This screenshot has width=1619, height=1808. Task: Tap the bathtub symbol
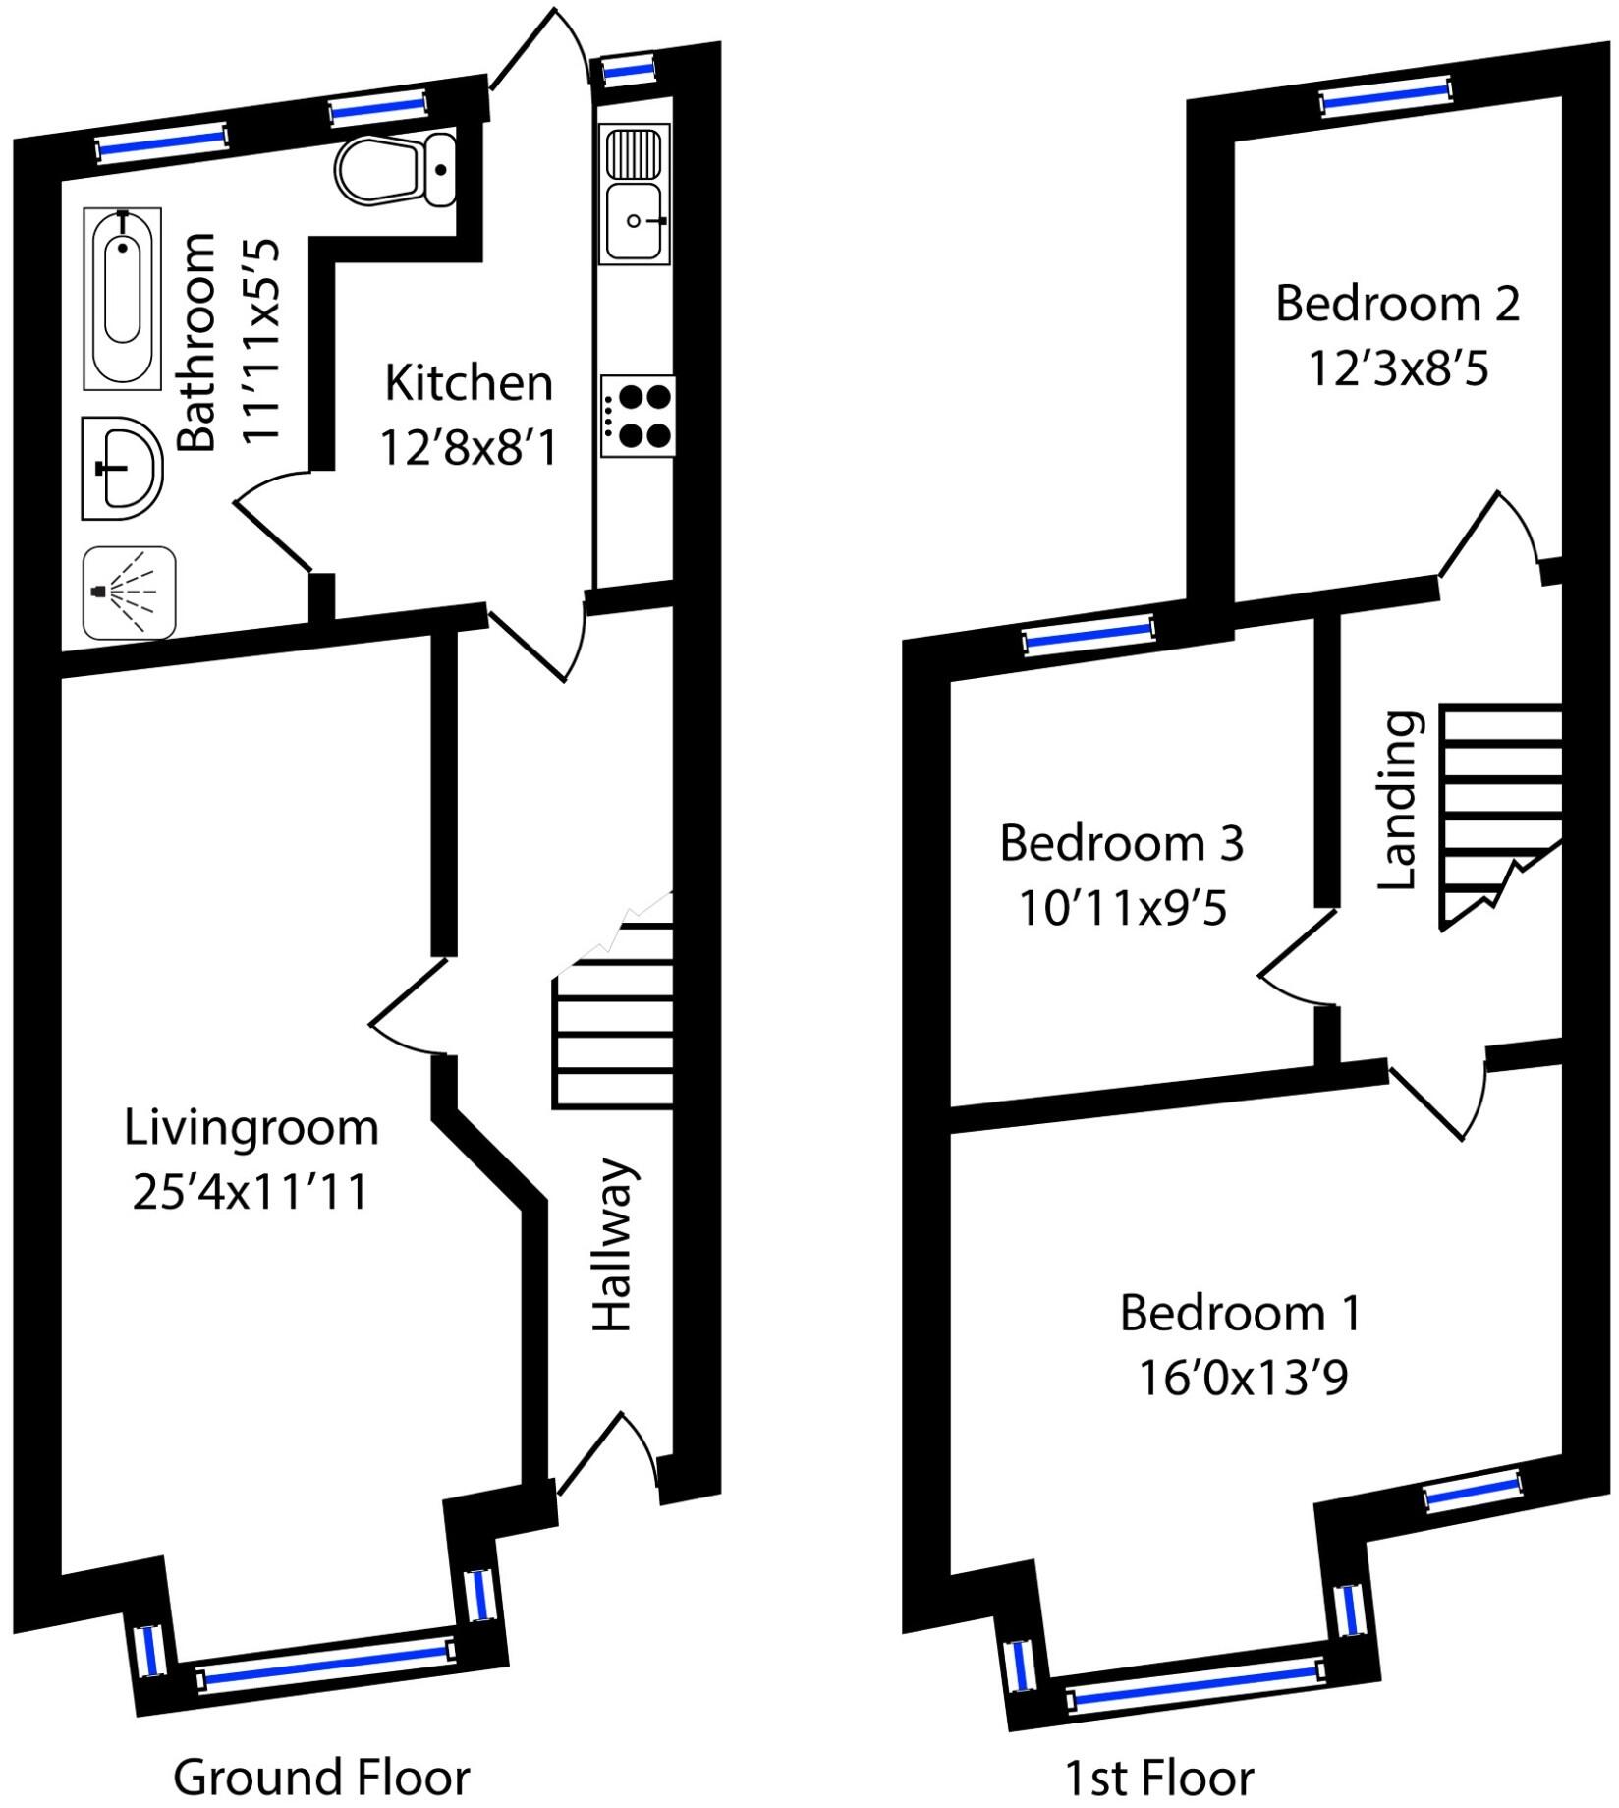pyautogui.click(x=122, y=299)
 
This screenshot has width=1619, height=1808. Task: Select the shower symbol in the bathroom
pyautogui.click(x=129, y=593)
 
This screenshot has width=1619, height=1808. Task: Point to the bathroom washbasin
pyautogui.click(x=122, y=469)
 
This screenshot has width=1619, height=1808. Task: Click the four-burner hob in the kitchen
pyautogui.click(x=638, y=416)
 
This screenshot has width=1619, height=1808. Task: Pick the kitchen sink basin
pyautogui.click(x=634, y=222)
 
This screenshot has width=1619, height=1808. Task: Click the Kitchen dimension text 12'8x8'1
pyautogui.click(x=468, y=449)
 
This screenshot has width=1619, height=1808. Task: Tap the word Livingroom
pyautogui.click(x=251, y=1127)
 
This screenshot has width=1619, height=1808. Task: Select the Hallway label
pyautogui.click(x=613, y=1245)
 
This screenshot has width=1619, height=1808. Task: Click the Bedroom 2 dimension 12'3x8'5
pyautogui.click(x=1397, y=368)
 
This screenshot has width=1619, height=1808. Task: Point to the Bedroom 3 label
pyautogui.click(x=1121, y=843)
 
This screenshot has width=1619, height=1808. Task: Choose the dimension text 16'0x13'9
pyautogui.click(x=1242, y=1378)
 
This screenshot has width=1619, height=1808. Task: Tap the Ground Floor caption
pyautogui.click(x=321, y=1777)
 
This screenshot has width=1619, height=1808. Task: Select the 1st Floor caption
pyautogui.click(x=1158, y=1778)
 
